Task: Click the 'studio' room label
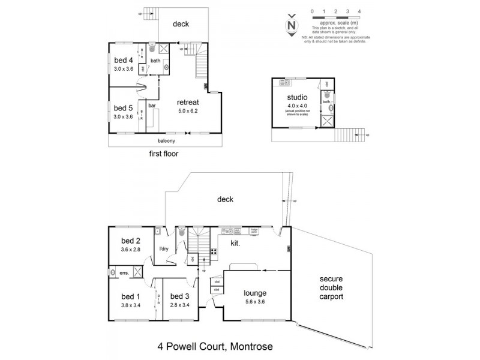[298, 97]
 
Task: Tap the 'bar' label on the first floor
[152, 106]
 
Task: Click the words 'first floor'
[164, 154]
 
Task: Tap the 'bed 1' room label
[130, 296]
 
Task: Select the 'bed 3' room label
[180, 296]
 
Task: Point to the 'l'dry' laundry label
[161, 248]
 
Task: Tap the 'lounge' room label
[254, 293]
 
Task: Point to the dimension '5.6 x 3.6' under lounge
[254, 302]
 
